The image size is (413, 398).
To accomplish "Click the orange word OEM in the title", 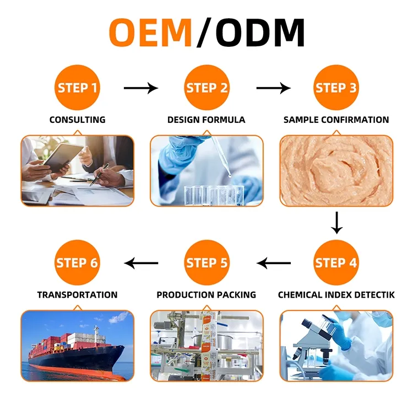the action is pyautogui.click(x=150, y=33).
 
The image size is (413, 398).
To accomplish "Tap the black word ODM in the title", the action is pyautogui.click(x=260, y=33).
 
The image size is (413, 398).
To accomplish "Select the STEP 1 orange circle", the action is pyautogui.click(x=77, y=88).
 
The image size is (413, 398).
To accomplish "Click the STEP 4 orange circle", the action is pyautogui.click(x=336, y=263).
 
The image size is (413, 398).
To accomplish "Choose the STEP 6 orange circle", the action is pyautogui.click(x=77, y=263).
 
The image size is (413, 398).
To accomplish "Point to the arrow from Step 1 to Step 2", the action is pyautogui.click(x=141, y=88).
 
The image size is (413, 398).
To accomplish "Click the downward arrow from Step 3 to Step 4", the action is pyautogui.click(x=336, y=223).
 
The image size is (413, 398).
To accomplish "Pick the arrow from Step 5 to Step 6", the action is pyautogui.click(x=141, y=263).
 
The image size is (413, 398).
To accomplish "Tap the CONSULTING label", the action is pyautogui.click(x=78, y=120).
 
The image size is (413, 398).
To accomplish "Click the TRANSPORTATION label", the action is pyautogui.click(x=78, y=294).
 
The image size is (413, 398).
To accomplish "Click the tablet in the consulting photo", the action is pyautogui.click(x=62, y=158).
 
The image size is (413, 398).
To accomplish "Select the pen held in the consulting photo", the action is pyautogui.click(x=99, y=175).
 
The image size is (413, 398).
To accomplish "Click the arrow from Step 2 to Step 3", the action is pyautogui.click(x=273, y=88).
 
